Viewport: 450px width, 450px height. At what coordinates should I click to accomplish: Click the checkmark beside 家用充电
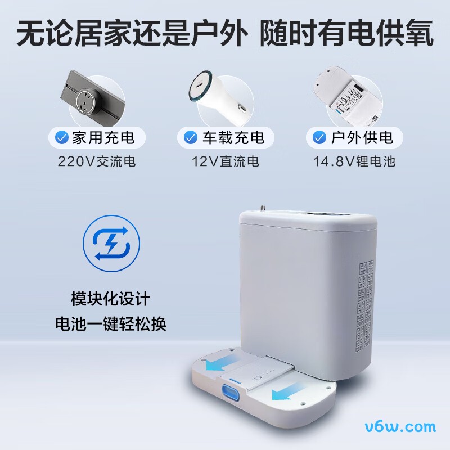62,137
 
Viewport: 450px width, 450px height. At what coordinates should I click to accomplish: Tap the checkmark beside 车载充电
191,137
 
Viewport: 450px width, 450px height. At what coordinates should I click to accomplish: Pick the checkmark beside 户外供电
319,137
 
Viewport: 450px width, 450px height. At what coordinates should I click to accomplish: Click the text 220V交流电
97,161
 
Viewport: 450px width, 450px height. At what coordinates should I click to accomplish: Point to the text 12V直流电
226,161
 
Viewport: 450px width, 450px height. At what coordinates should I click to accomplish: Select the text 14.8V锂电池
354,161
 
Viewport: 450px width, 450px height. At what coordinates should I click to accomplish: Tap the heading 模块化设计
111,299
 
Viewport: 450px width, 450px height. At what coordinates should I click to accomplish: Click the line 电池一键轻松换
111,324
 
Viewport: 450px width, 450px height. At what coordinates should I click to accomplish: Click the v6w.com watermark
400,427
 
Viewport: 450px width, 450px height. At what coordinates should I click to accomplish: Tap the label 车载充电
233,137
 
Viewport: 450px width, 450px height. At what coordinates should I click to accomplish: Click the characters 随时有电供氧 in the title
346,33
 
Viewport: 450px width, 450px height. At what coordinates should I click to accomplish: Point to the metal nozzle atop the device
262,208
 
